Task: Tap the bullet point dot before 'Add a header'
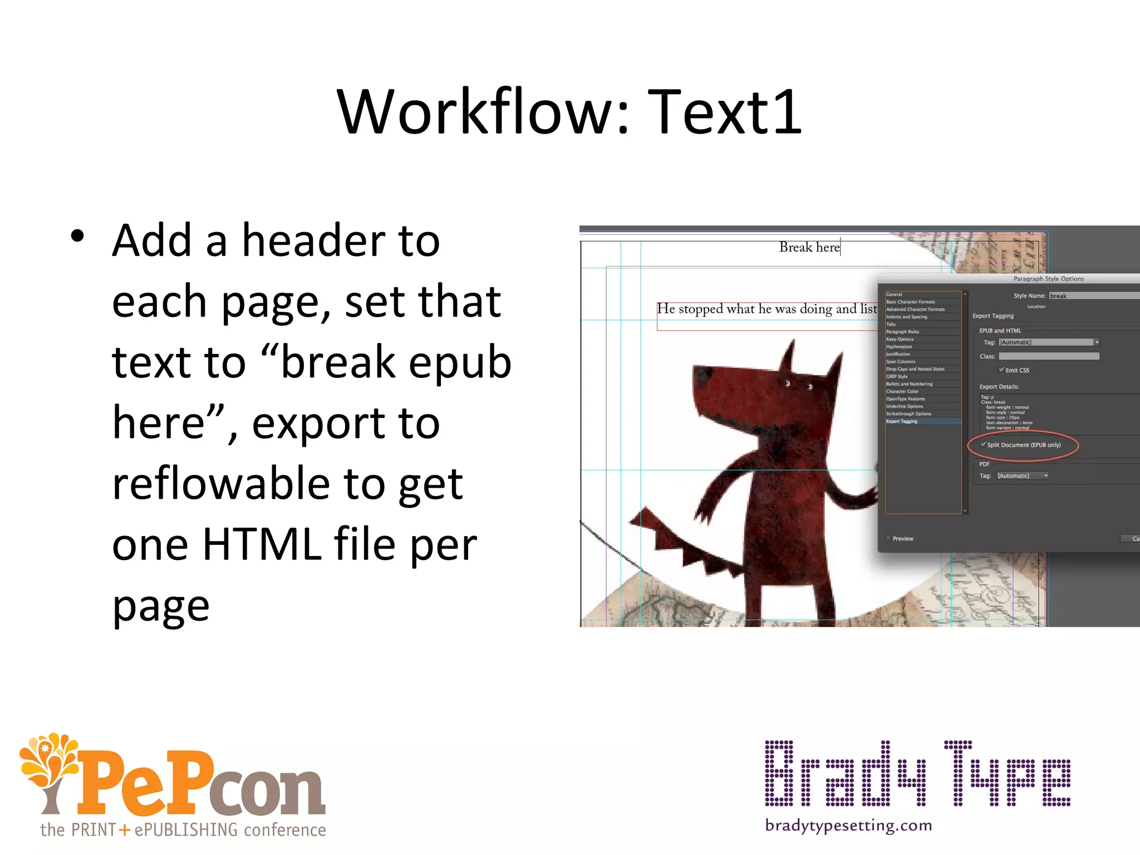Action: pyautogui.click(x=77, y=236)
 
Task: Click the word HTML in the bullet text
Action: pyautogui.click(x=262, y=544)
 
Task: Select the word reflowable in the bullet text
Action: pyautogui.click(x=220, y=483)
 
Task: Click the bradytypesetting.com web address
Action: pyautogui.click(x=848, y=825)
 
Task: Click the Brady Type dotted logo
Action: pyautogui.click(x=917, y=774)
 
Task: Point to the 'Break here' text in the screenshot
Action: pyautogui.click(x=809, y=247)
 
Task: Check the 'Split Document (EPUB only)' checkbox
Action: pyautogui.click(x=984, y=445)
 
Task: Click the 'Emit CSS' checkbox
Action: pyautogui.click(x=1001, y=370)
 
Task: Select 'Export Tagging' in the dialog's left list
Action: pyautogui.click(x=902, y=421)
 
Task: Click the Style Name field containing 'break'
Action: pyautogui.click(x=1091, y=296)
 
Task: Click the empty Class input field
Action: pyautogui.click(x=1049, y=356)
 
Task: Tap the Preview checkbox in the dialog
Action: pyautogui.click(x=888, y=539)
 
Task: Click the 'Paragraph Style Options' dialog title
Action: pyautogui.click(x=1048, y=279)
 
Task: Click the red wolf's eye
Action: pyautogui.click(x=788, y=383)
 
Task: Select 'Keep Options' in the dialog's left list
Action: pyautogui.click(x=900, y=339)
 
